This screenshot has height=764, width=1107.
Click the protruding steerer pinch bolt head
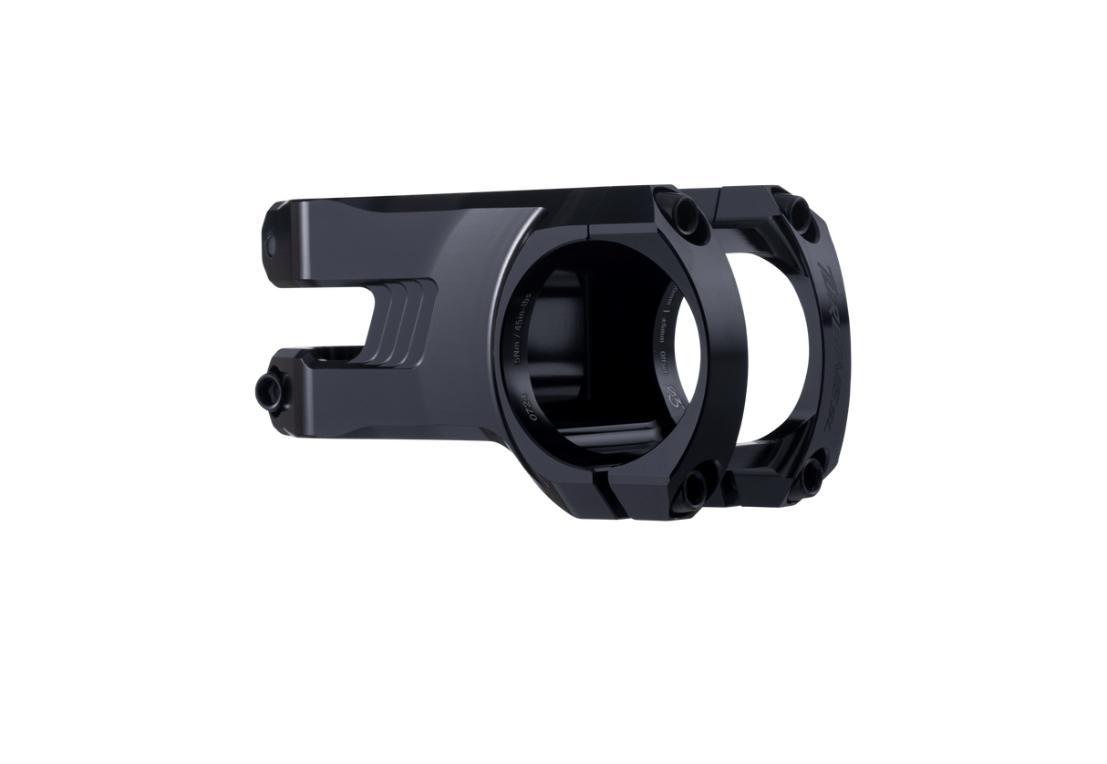click(270, 392)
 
